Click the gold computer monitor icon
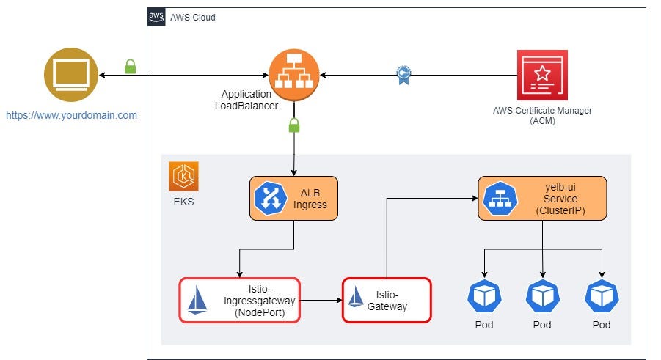tap(71, 75)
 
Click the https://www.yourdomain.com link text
tap(71, 115)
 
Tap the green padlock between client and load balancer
tap(131, 67)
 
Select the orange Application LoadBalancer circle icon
tap(294, 75)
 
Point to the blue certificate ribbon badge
tap(403, 75)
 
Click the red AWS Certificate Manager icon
tap(542, 75)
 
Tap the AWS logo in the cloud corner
tap(156, 17)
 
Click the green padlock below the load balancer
tap(294, 125)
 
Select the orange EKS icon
tap(184, 176)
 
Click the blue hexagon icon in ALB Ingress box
tap(270, 198)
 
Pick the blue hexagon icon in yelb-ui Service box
tap(500, 198)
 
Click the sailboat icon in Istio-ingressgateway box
tap(197, 300)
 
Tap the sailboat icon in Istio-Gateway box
tap(356, 297)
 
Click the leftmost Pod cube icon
tap(484, 296)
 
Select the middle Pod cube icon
tap(543, 296)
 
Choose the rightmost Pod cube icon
tap(602, 296)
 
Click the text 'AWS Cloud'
tap(193, 18)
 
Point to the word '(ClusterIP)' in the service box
tap(560, 210)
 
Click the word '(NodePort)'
tap(260, 312)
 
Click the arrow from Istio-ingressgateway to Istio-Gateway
tap(321, 300)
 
